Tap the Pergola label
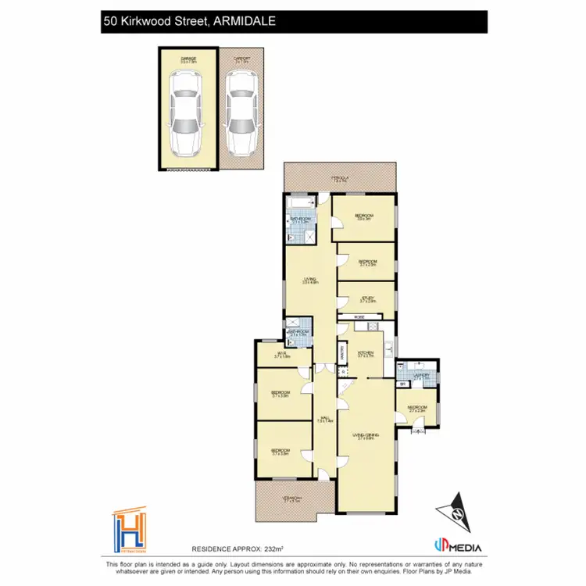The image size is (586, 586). (340, 180)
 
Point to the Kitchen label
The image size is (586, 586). (366, 353)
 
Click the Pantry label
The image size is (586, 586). (342, 352)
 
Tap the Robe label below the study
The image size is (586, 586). (359, 316)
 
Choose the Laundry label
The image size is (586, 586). (422, 376)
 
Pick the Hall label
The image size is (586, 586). (325, 420)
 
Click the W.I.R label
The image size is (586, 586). (282, 356)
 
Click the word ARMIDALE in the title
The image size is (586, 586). (245, 23)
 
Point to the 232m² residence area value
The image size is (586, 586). (272, 550)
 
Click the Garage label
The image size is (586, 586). (188, 59)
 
